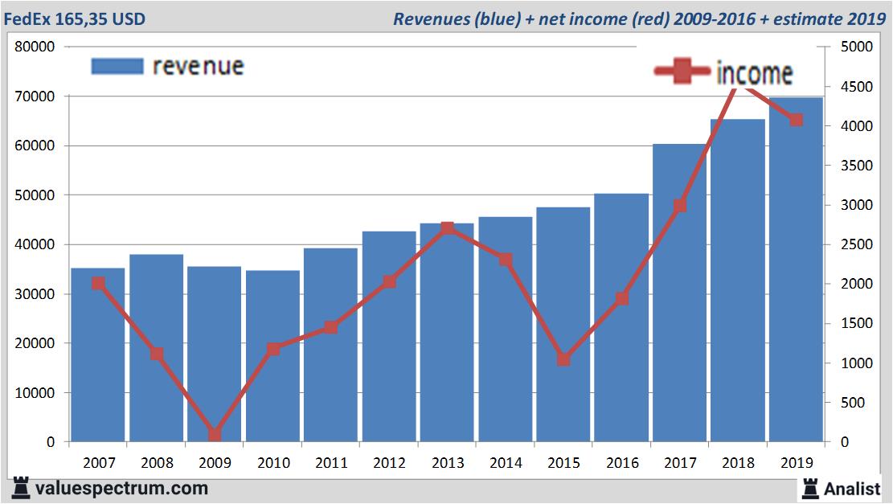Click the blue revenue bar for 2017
point(679,322)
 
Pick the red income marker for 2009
point(215,434)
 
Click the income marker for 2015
point(563,359)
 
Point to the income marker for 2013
point(448,228)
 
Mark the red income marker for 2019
point(796,120)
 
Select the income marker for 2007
point(98,283)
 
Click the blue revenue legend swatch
point(117,65)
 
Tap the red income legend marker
point(683,72)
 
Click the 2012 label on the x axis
point(389,463)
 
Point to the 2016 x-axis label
point(621,463)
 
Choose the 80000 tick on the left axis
point(35,47)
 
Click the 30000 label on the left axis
point(35,294)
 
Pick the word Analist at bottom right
point(852,488)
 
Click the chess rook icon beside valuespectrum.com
point(22,487)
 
